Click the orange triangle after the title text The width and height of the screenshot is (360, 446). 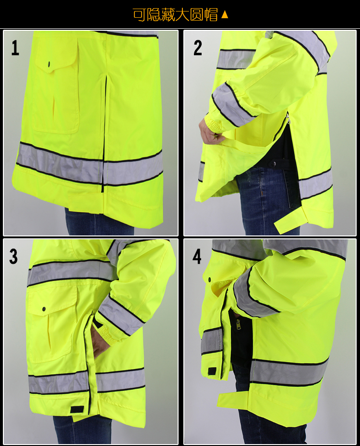(x=225, y=14)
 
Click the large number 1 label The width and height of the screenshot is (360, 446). (x=15, y=48)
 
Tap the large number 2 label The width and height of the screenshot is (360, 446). (x=197, y=47)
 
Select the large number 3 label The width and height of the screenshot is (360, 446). (x=13, y=256)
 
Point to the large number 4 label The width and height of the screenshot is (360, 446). (x=197, y=256)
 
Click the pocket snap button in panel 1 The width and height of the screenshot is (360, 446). (x=49, y=64)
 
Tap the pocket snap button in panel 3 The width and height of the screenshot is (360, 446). (x=44, y=309)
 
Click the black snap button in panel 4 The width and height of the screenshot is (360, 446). (x=210, y=280)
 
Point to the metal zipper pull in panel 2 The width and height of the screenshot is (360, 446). (x=288, y=119)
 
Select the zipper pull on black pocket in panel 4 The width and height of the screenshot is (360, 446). (x=238, y=324)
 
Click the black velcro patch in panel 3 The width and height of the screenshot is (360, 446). (x=77, y=409)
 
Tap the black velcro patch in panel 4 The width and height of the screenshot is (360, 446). (x=213, y=371)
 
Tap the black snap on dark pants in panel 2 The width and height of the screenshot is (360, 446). (x=275, y=164)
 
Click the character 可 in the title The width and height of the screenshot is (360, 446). (x=140, y=14)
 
